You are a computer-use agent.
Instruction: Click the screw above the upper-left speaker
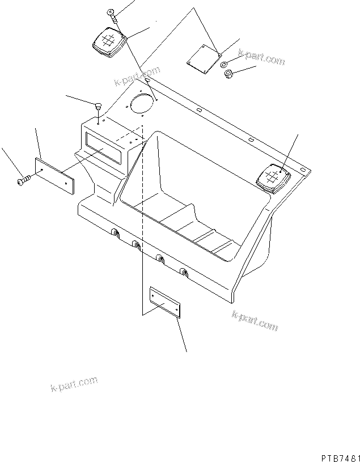tap(112, 15)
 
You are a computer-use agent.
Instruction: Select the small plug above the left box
tap(98, 106)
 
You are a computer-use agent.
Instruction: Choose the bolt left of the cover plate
tap(24, 180)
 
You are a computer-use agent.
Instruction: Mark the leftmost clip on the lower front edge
tap(115, 233)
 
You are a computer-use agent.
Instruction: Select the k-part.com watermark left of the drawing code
tap(73, 386)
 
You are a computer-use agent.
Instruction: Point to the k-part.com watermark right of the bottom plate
tap(255, 321)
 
